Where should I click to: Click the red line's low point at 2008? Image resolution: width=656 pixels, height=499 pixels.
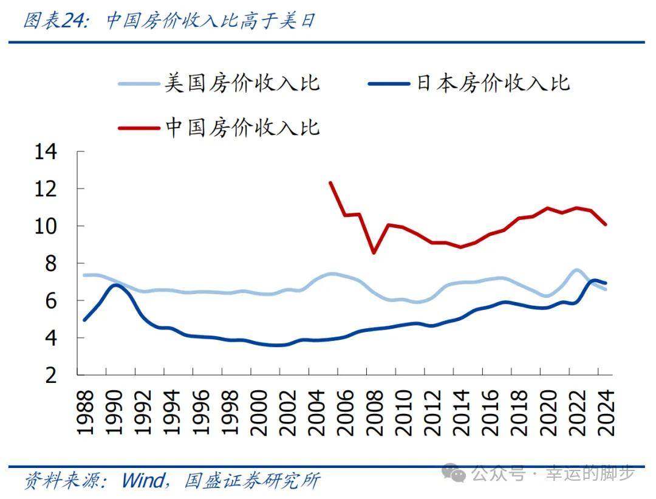point(374,252)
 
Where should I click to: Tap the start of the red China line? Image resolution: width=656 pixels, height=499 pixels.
point(330,182)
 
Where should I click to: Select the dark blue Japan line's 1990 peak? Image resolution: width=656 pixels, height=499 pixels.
point(116,284)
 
